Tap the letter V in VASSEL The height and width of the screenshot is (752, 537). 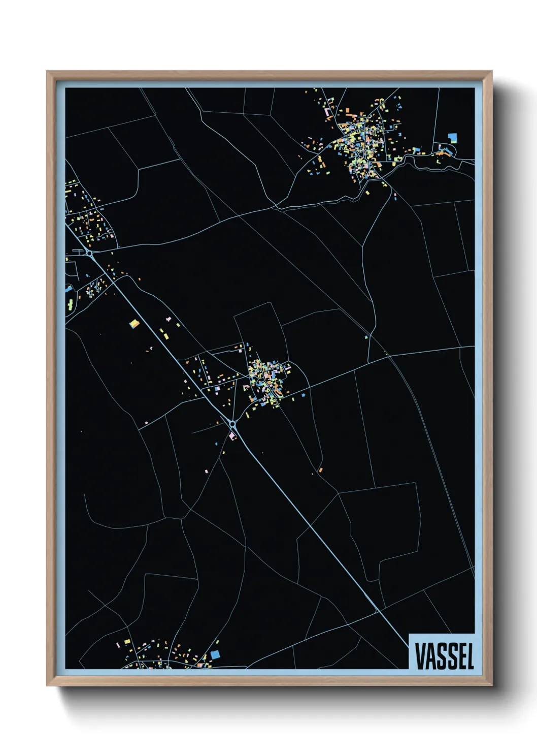420,656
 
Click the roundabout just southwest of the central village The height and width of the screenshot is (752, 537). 232,424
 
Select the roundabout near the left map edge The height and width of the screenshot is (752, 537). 89,253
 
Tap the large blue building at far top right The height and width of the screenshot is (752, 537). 452,137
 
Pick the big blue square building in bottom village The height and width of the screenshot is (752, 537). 215,654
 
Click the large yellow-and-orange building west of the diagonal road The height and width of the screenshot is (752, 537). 134,323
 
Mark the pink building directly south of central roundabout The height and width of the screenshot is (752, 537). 233,436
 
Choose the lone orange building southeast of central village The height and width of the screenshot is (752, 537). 320,470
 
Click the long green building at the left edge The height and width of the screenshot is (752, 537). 70,305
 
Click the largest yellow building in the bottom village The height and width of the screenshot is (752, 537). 128,643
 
